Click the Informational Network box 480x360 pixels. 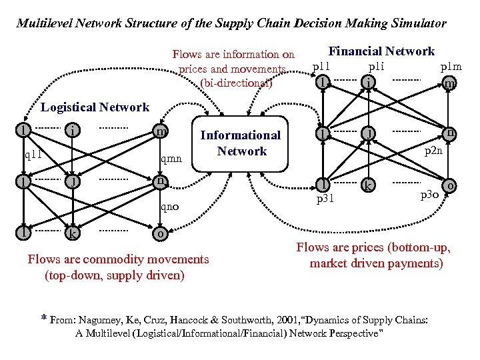click(241, 143)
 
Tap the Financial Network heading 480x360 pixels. click(381, 51)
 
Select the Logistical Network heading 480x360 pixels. click(95, 107)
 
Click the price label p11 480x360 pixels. click(322, 67)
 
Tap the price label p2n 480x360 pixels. click(433, 151)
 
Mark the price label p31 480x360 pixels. click(325, 198)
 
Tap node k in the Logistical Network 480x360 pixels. click(71, 234)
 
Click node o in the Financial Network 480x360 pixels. click(451, 186)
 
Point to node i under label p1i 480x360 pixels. click(368, 82)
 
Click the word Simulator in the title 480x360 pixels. click(413, 23)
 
